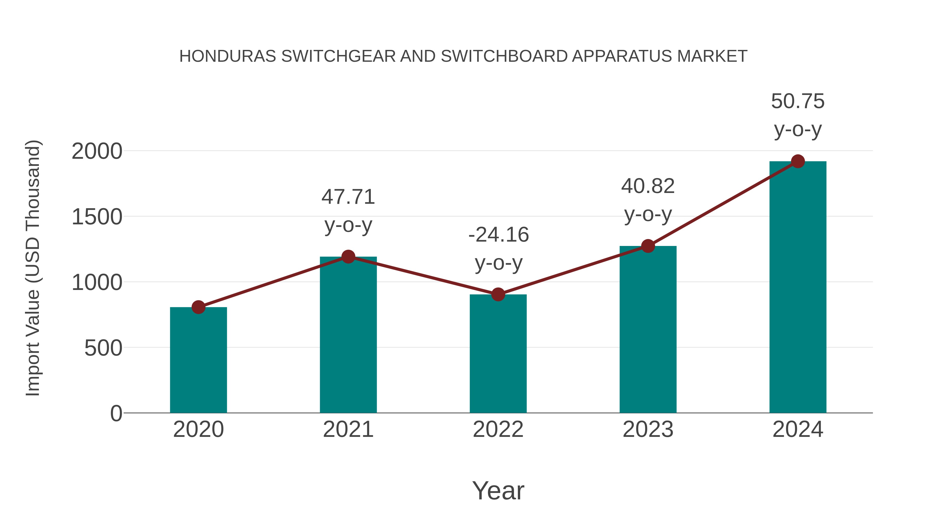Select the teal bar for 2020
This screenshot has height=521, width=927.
[x=198, y=360]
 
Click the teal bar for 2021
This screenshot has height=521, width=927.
[x=348, y=334]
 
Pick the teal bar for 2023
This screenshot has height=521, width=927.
[x=648, y=329]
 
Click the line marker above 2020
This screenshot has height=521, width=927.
[x=198, y=307]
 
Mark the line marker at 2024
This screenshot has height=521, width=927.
[x=798, y=161]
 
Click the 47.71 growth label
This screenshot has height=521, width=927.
[x=348, y=197]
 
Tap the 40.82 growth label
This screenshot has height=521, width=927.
[x=648, y=186]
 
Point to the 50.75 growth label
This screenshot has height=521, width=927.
[x=798, y=101]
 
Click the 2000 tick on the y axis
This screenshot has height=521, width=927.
[x=97, y=151]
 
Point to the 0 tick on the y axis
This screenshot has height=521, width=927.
[x=116, y=413]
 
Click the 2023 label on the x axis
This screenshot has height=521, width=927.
[x=648, y=429]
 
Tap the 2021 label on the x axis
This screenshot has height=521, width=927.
[x=348, y=429]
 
